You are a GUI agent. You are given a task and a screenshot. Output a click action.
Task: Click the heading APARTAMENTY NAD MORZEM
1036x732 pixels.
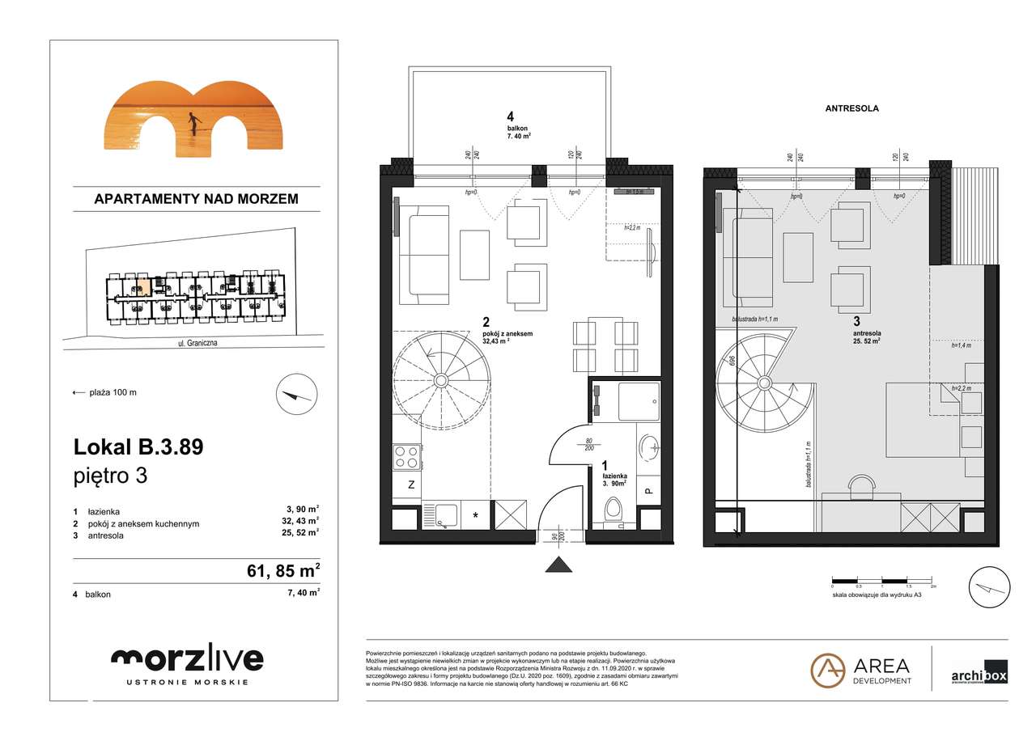[x=196, y=198]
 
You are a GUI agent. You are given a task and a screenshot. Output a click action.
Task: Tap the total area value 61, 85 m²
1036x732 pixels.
[x=282, y=572]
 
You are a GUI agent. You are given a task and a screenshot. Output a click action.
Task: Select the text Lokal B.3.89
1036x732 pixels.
[x=138, y=446]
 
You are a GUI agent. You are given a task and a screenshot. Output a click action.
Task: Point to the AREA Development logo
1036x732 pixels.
[x=861, y=671]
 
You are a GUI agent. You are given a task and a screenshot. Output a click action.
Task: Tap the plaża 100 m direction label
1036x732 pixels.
[x=105, y=392]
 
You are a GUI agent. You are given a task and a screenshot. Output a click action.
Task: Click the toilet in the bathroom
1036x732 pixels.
[x=614, y=511]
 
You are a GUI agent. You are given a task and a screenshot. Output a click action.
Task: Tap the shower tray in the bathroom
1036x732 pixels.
[x=639, y=402]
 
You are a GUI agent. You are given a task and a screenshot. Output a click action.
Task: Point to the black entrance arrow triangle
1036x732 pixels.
[x=558, y=565]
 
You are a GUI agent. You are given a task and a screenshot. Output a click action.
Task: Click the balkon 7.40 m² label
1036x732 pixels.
[x=518, y=133]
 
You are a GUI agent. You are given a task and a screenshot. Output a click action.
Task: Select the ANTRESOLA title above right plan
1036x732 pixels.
[x=851, y=108]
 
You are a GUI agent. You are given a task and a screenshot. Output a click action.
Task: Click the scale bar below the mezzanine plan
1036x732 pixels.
[x=882, y=581]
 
